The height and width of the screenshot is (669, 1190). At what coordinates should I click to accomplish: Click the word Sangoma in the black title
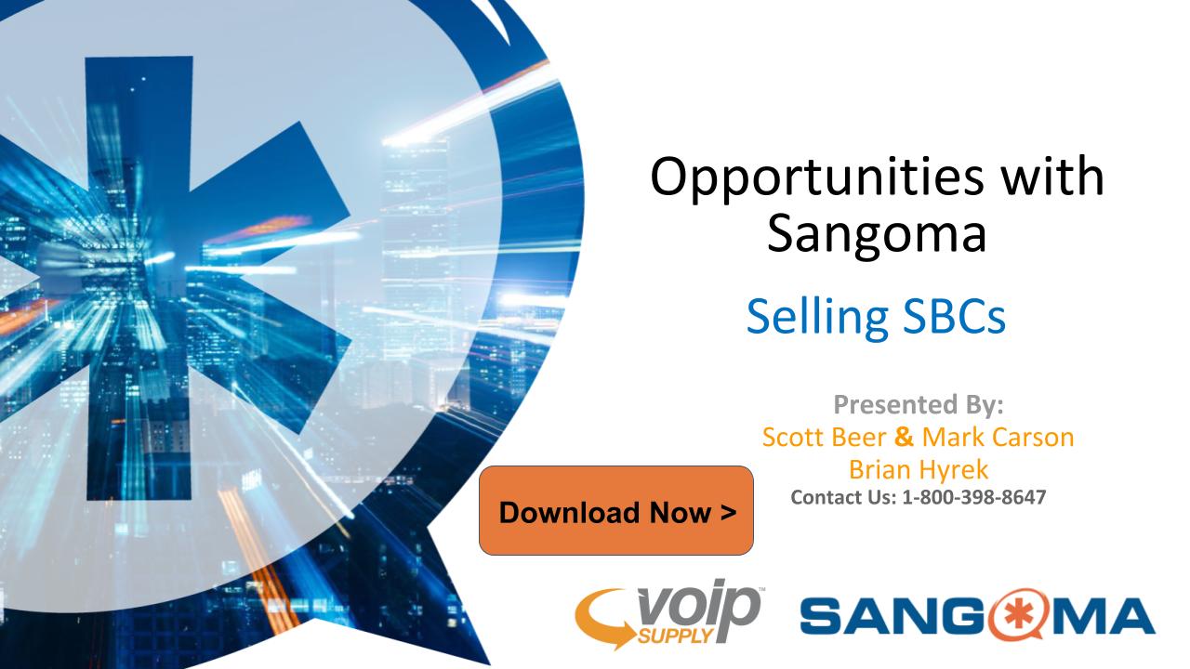877,232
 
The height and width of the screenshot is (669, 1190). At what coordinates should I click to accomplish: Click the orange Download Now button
616,511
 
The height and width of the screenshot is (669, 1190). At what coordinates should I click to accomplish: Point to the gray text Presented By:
919,404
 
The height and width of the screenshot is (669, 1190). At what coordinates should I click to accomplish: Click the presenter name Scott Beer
825,437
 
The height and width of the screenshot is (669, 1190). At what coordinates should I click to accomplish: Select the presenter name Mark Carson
998,437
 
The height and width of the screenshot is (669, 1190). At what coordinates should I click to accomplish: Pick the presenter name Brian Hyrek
919,470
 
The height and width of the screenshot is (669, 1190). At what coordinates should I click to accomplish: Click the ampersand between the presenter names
905,437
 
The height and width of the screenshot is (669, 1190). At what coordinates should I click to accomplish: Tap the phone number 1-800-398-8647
974,497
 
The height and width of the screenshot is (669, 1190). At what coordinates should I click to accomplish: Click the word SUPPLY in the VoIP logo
674,635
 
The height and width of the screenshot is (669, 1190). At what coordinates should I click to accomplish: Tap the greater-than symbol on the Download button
728,512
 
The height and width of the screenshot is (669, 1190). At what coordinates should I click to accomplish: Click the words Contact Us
843,497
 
